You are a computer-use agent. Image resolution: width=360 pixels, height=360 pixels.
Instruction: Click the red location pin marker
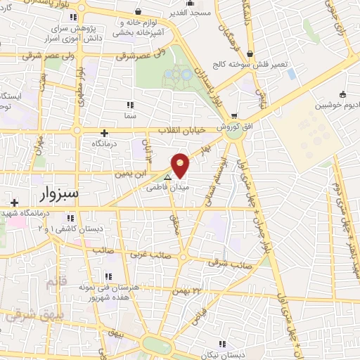(x=181, y=165)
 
